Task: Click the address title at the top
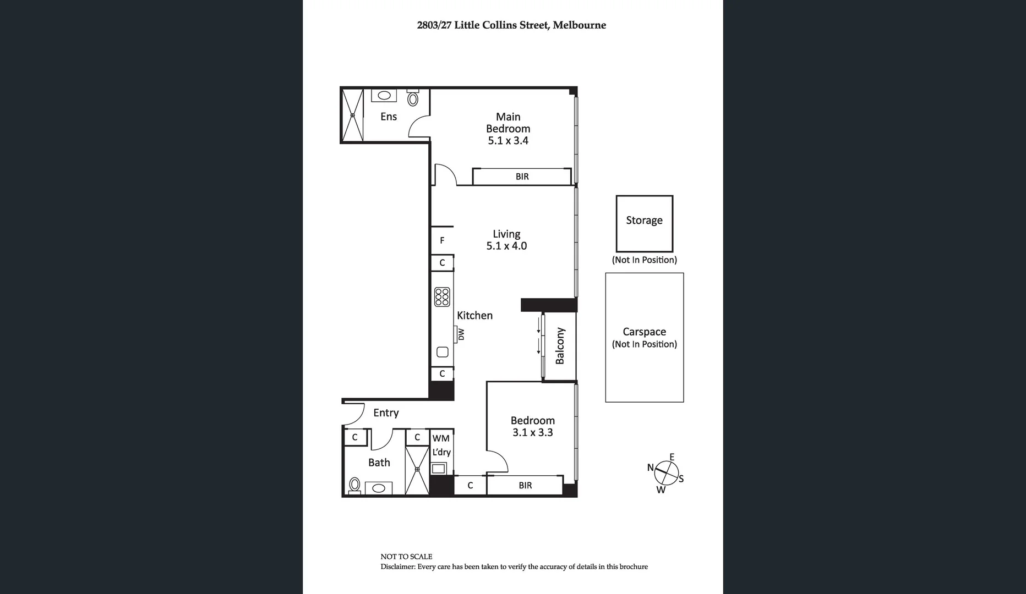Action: [511, 25]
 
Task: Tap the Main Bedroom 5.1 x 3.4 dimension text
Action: [507, 141]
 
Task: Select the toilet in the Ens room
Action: [413, 98]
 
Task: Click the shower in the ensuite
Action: [352, 116]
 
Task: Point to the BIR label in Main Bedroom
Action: [522, 177]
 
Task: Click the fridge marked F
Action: [442, 240]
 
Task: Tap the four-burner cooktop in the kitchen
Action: [442, 297]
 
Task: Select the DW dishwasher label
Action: [461, 334]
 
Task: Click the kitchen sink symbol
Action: [443, 352]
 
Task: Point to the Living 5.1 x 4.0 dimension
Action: [506, 246]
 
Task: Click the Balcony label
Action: [560, 346]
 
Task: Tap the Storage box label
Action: [644, 221]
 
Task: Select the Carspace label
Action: [644, 332]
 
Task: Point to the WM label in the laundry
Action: [441, 438]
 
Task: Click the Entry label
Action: [386, 413]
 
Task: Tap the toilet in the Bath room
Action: [354, 485]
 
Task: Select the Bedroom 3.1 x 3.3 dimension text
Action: [532, 432]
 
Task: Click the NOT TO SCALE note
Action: [406, 557]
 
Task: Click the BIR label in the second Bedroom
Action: [525, 485]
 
